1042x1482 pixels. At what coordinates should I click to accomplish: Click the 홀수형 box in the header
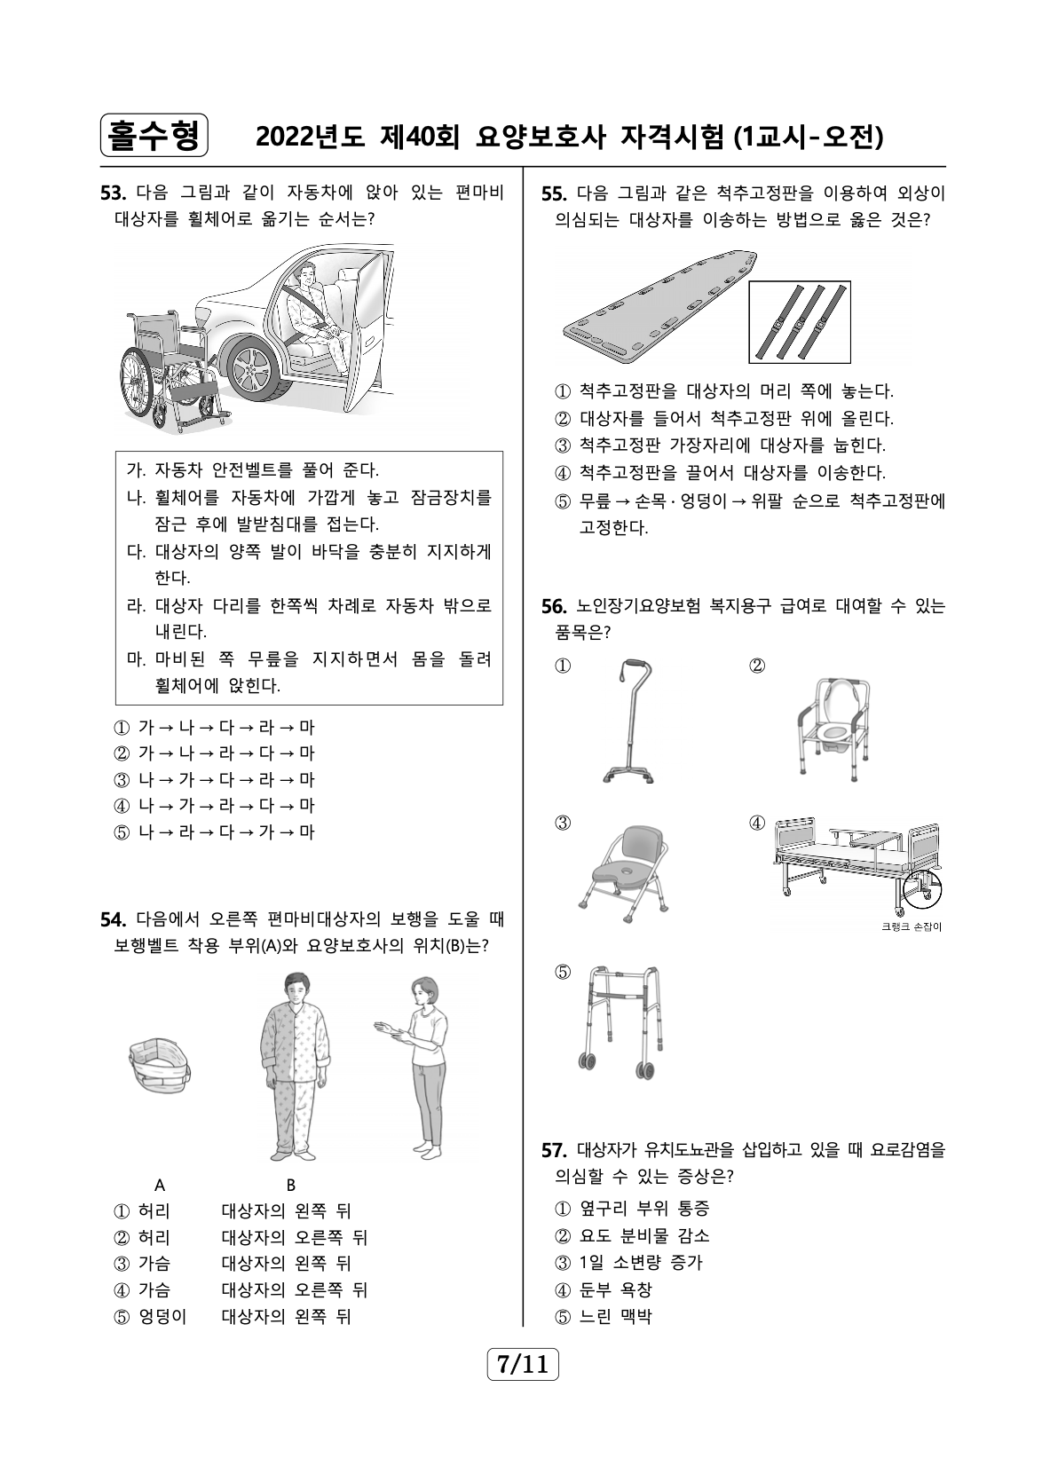[x=154, y=136]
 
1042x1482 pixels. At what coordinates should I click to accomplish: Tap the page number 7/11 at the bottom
[x=523, y=1363]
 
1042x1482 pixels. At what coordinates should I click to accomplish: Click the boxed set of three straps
[x=799, y=321]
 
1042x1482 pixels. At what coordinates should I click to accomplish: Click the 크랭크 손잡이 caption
[x=912, y=927]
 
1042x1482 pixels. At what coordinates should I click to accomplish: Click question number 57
[x=553, y=1151]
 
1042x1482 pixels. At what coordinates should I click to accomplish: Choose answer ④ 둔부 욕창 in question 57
[x=604, y=1289]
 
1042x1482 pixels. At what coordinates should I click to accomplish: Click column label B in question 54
[x=290, y=1184]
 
